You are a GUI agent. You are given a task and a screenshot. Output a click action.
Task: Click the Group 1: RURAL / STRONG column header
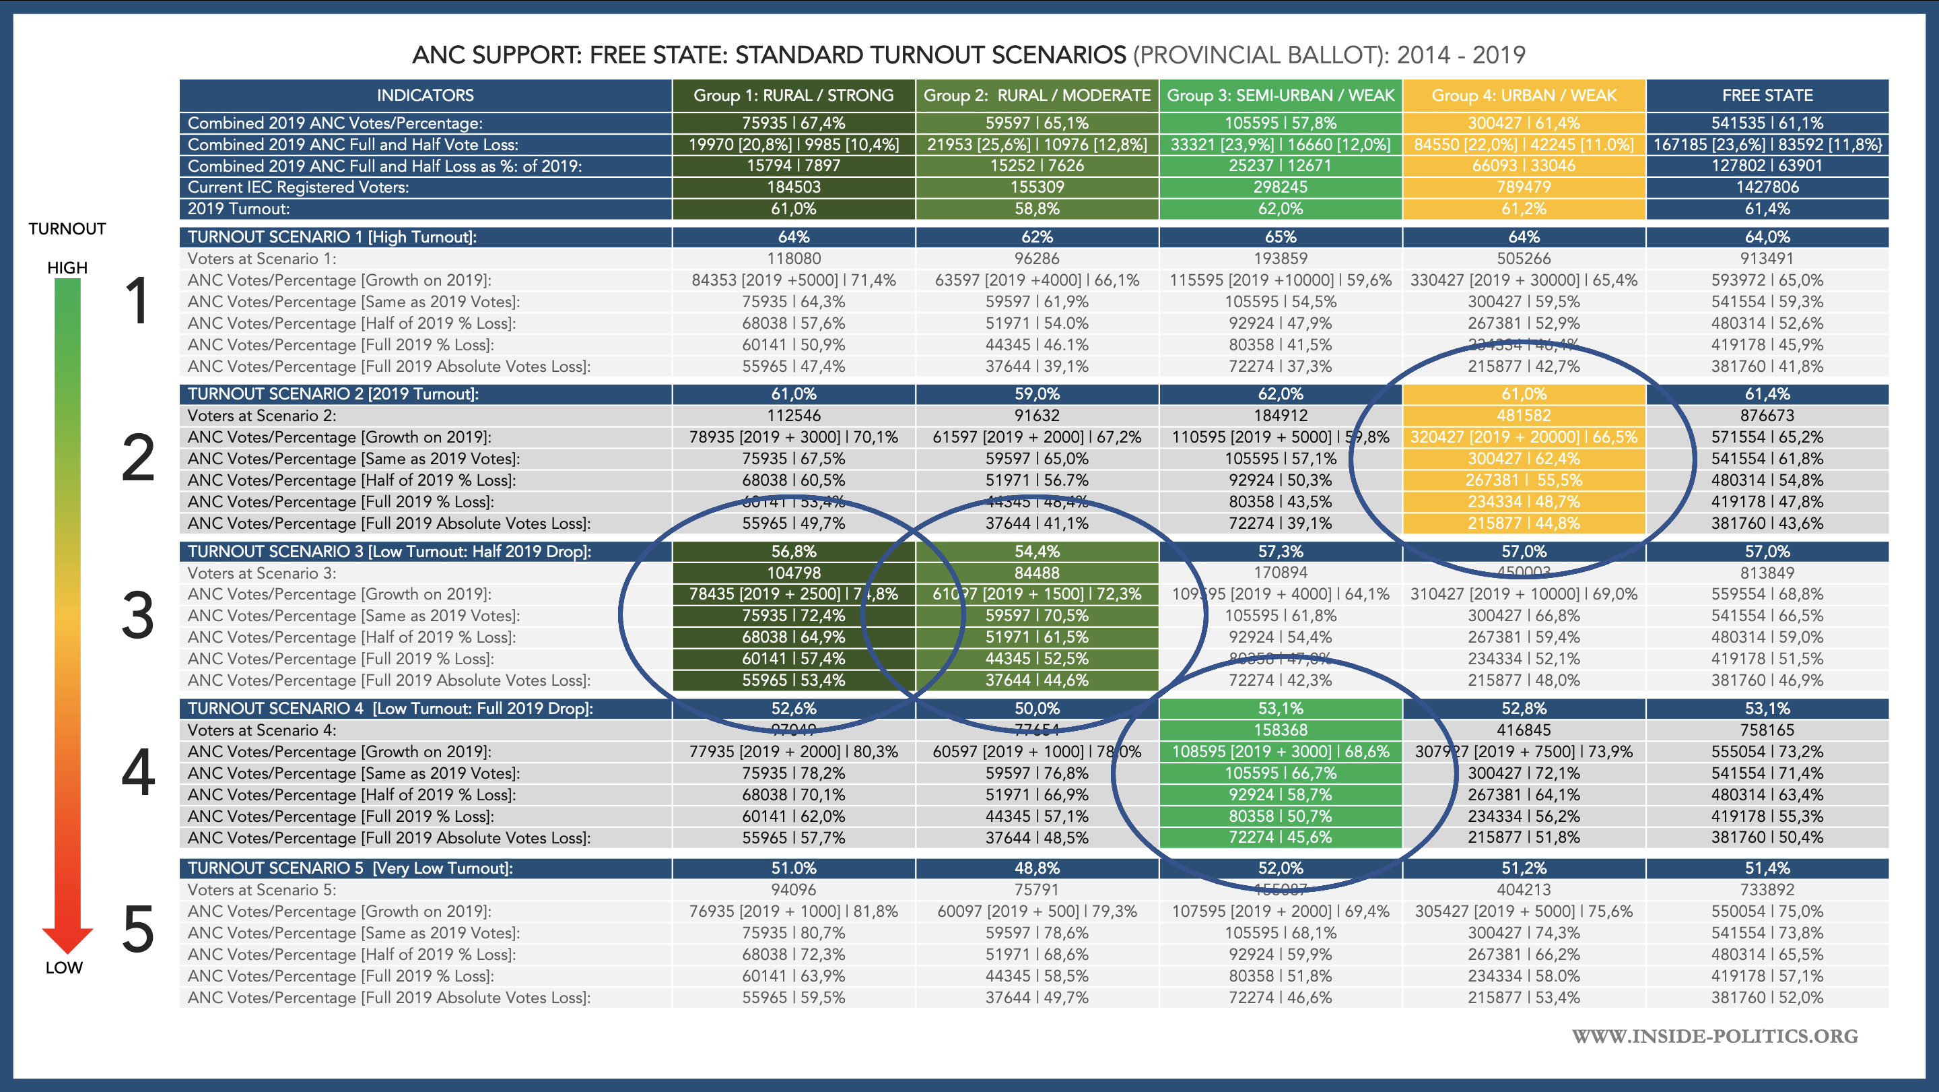(x=793, y=96)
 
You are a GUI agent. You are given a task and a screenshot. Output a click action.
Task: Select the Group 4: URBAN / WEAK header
(x=1524, y=96)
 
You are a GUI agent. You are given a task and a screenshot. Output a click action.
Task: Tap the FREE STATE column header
(x=1767, y=96)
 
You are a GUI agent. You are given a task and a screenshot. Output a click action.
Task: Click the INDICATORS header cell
(x=426, y=96)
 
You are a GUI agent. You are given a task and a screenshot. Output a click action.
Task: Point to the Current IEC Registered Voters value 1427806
(x=1767, y=187)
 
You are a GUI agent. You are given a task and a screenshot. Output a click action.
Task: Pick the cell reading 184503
(x=793, y=187)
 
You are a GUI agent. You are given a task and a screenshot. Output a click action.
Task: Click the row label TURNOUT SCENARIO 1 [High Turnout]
(x=332, y=237)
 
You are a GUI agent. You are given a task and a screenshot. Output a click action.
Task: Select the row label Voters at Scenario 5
(x=262, y=889)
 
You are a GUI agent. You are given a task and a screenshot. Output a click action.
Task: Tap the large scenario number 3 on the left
(x=139, y=616)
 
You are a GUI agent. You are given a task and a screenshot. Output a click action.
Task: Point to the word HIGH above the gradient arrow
(x=67, y=268)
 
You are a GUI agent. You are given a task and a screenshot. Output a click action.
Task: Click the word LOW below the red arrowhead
(x=64, y=968)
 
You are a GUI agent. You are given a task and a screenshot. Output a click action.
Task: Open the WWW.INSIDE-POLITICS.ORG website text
(x=1715, y=1036)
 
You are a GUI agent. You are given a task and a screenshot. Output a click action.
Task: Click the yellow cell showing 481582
(x=1524, y=416)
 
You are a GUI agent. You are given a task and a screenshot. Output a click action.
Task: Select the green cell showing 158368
(x=1281, y=730)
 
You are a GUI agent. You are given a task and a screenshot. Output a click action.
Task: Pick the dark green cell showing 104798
(x=793, y=573)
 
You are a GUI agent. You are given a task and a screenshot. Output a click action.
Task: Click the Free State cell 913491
(x=1767, y=258)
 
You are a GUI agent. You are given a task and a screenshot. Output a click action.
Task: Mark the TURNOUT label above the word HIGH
(x=67, y=229)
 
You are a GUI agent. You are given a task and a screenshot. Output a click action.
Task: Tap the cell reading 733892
(x=1767, y=889)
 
